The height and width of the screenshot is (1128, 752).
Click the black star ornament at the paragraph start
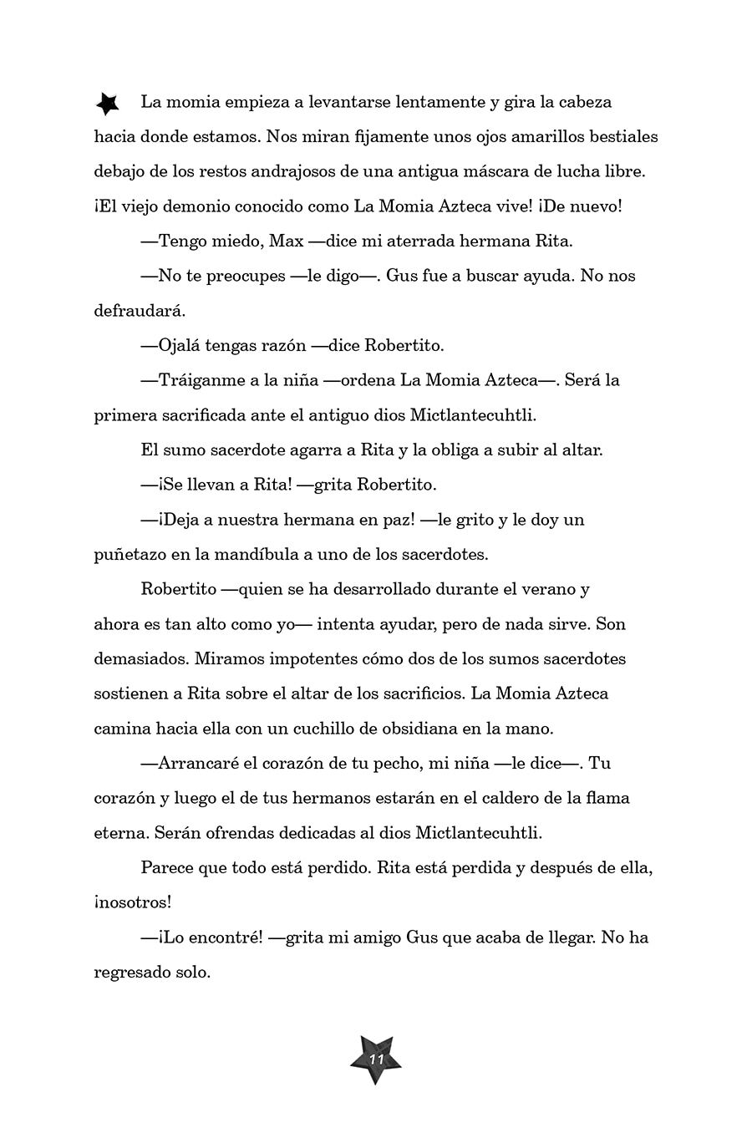tap(107, 103)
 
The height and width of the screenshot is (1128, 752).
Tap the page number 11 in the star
tap(375, 1059)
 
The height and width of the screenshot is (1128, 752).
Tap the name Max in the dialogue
tap(285, 241)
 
